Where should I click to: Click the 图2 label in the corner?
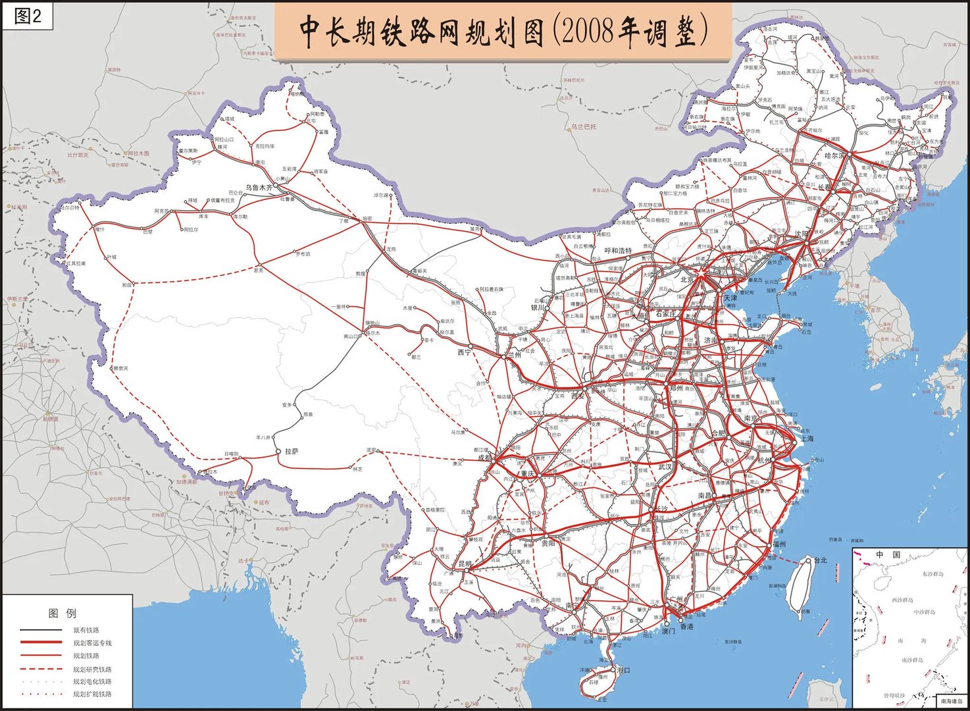pyautogui.click(x=28, y=16)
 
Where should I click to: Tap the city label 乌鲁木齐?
pyautogui.click(x=259, y=188)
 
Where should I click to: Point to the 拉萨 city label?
pyautogui.click(x=292, y=452)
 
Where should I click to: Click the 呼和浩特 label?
pyautogui.click(x=618, y=251)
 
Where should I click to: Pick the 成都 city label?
pyautogui.click(x=484, y=457)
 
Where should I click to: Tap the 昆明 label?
pyautogui.click(x=465, y=564)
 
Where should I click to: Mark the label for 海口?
pyautogui.click(x=623, y=670)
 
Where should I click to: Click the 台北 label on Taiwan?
pyautogui.click(x=821, y=560)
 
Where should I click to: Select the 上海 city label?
pyautogui.click(x=807, y=438)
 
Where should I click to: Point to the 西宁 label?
pyautogui.click(x=465, y=353)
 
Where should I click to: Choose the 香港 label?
pyautogui.click(x=686, y=627)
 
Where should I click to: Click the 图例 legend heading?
pyautogui.click(x=62, y=614)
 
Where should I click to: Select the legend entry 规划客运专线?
pyautogui.click(x=92, y=643)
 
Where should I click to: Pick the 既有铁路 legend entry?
pyautogui.click(x=86, y=630)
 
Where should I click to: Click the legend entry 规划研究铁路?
pyautogui.click(x=92, y=669)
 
